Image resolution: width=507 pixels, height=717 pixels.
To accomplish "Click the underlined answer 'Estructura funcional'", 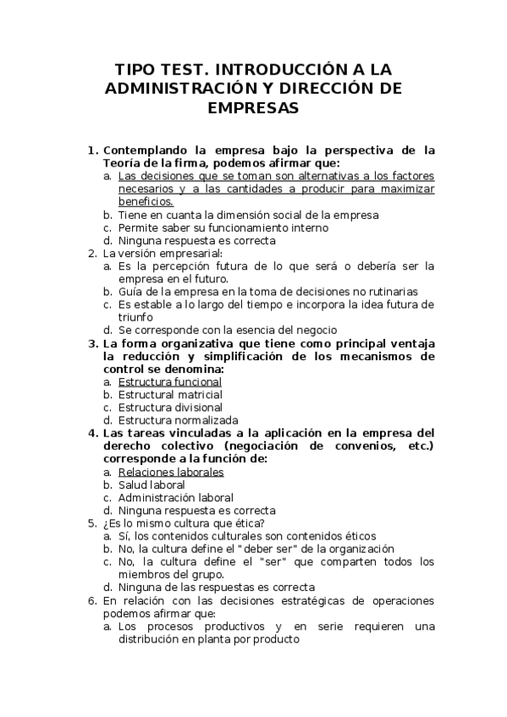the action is (170, 382).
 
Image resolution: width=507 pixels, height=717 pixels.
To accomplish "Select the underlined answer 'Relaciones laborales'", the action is (171, 472).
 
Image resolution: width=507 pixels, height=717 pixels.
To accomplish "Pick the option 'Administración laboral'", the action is (176, 498).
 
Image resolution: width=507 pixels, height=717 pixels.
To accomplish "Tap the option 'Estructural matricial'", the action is (170, 395).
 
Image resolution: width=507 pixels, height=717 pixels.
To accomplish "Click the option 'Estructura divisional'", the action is (169, 408).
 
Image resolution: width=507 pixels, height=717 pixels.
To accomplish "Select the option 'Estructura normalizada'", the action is (178, 420).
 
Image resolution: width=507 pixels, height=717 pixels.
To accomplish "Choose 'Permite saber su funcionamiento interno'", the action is (223, 227).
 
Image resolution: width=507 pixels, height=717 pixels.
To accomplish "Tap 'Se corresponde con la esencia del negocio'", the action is (228, 330).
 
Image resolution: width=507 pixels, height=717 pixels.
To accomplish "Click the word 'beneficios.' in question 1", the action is (146, 202).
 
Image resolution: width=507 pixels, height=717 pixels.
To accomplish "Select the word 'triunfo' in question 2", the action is (136, 317).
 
